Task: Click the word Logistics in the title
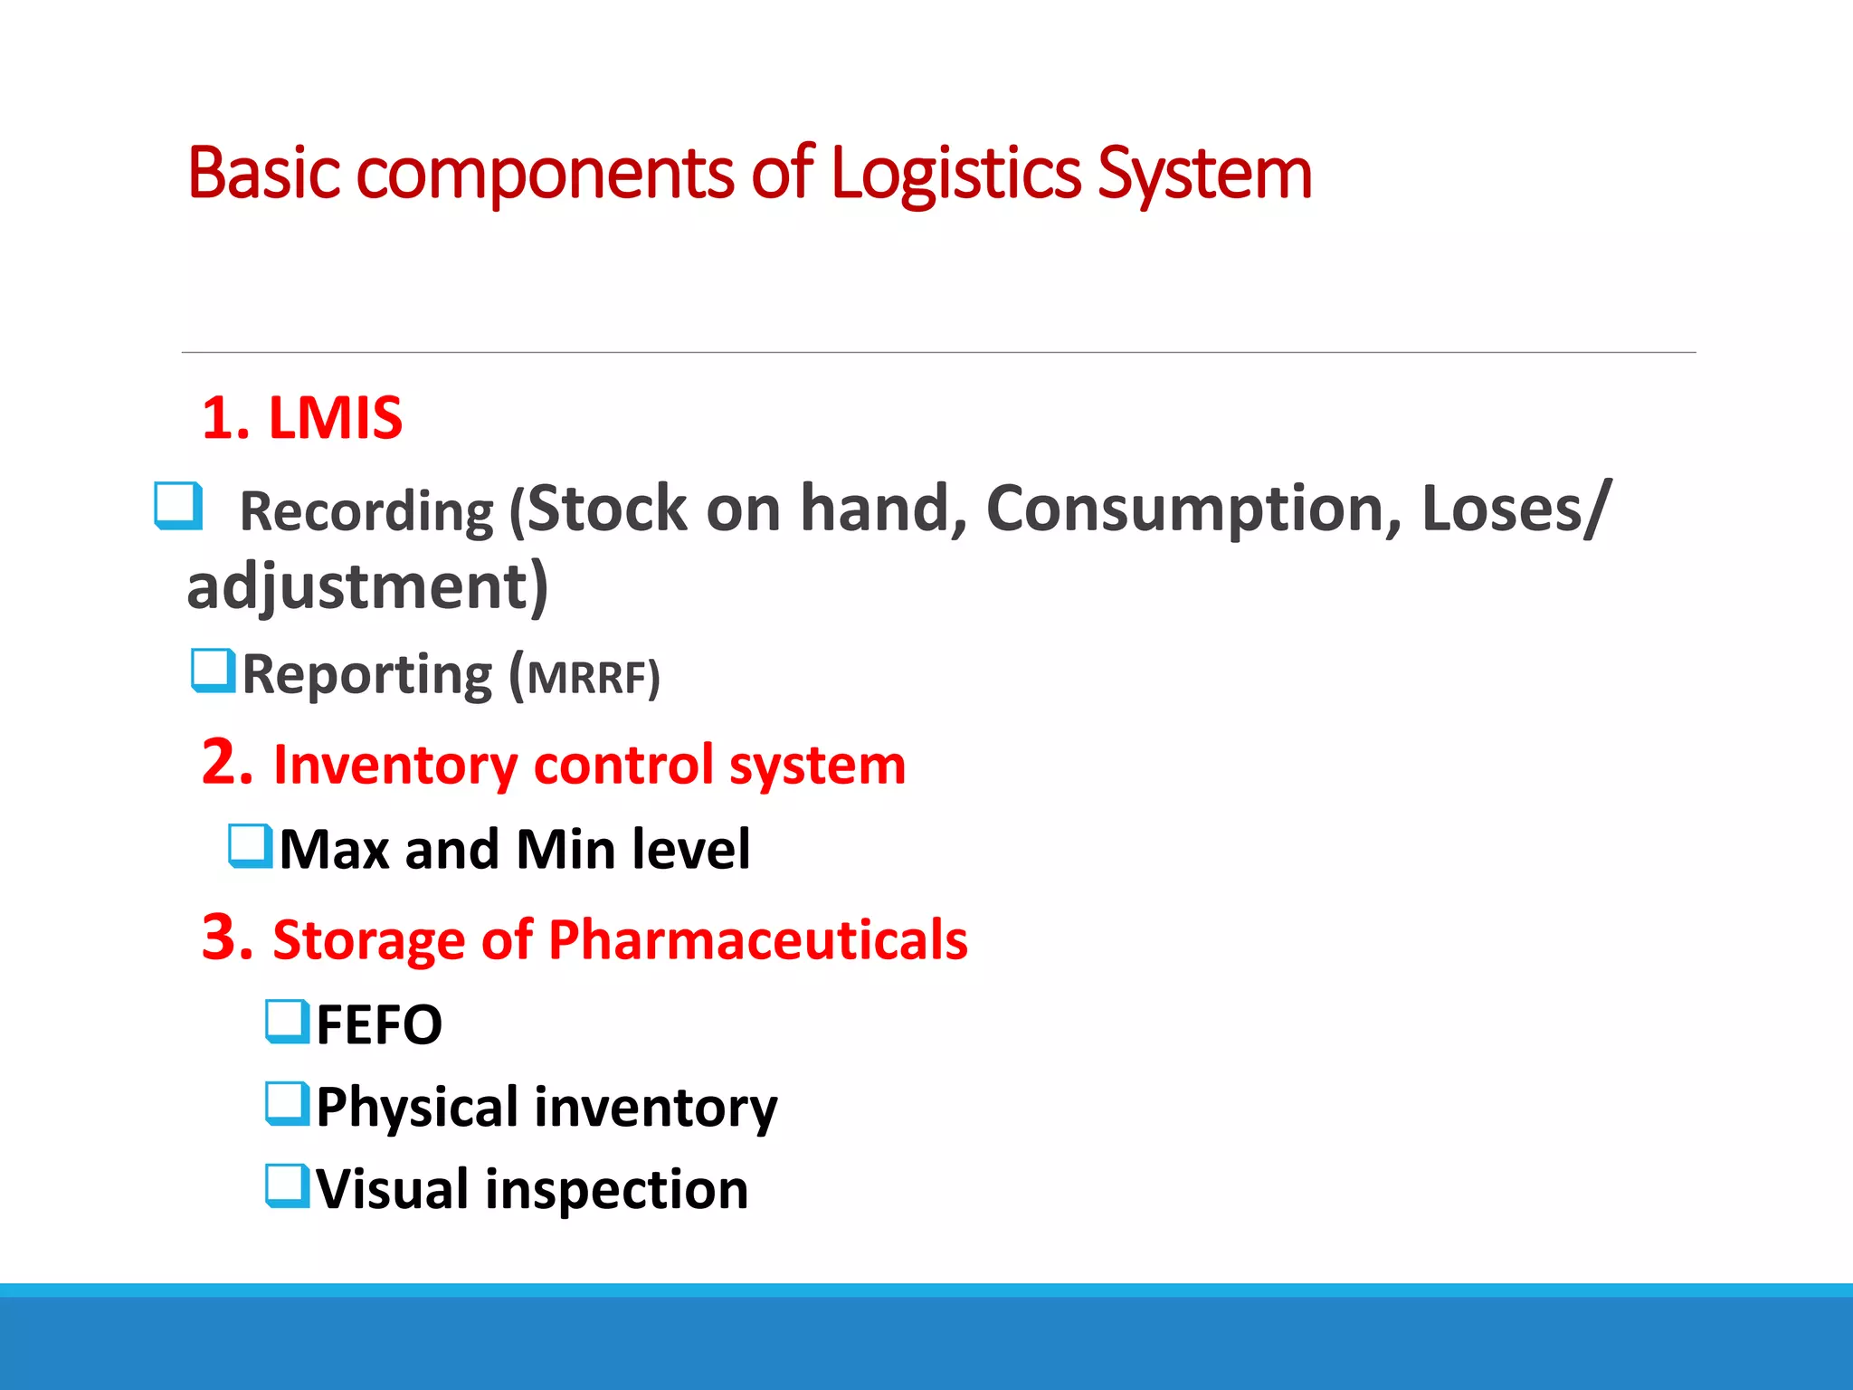click(955, 174)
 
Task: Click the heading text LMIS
click(335, 419)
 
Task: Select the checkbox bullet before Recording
click(177, 506)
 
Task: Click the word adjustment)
click(367, 586)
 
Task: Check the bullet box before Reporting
click(213, 671)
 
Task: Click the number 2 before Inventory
click(225, 762)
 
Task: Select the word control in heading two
click(623, 766)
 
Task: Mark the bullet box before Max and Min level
click(250, 846)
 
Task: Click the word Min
click(566, 851)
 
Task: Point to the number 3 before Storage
click(226, 938)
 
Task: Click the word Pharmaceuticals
click(757, 940)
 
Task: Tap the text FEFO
click(379, 1025)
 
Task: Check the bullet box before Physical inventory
click(288, 1103)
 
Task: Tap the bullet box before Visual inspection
click(288, 1186)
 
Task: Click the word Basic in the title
click(263, 174)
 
